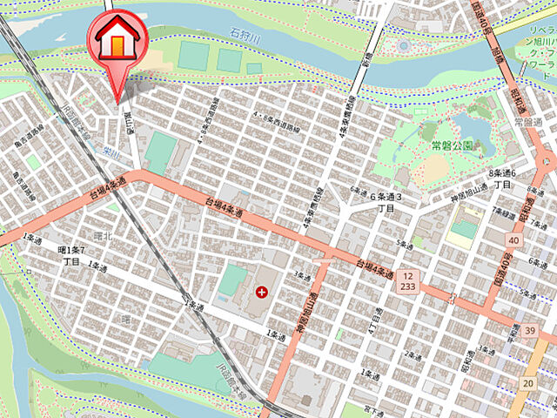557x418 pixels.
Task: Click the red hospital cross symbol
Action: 262,293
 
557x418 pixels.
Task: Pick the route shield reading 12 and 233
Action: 406,280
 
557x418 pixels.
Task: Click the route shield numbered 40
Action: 515,240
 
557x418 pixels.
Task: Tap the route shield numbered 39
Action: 529,330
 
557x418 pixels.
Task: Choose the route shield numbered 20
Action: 528,383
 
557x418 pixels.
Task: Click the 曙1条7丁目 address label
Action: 71,255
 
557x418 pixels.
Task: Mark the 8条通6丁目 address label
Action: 502,179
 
